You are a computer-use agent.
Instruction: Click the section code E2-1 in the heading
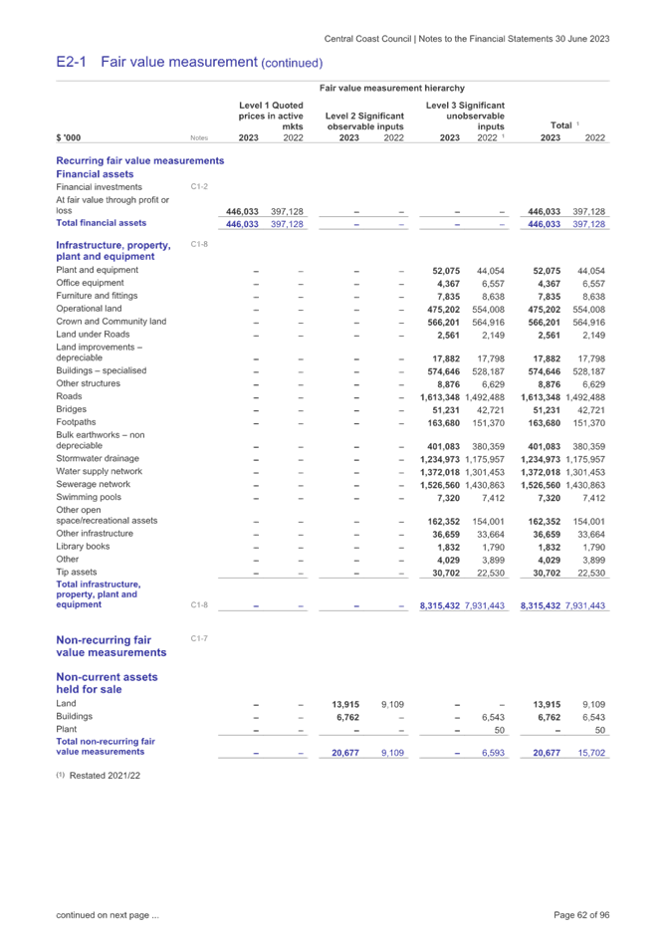71,63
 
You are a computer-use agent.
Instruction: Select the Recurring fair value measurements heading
140,160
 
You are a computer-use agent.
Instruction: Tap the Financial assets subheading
93,173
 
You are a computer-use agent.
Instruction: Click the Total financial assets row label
102,224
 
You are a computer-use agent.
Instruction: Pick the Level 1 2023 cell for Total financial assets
243,224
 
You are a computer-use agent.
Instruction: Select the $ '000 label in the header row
69,138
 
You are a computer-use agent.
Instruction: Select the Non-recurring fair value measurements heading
111,646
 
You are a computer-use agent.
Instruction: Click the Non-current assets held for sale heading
107,683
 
